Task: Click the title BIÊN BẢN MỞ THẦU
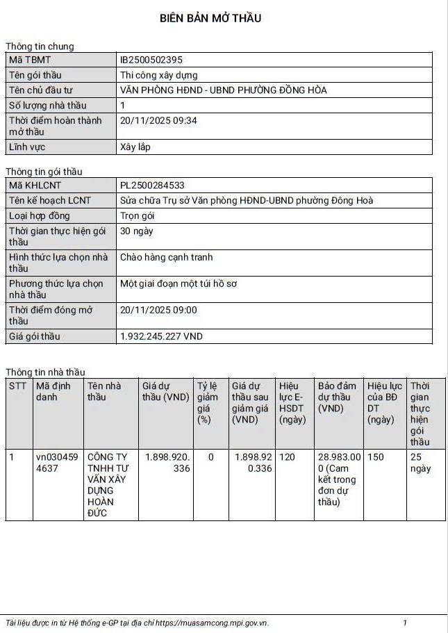coord(210,18)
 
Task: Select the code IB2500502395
coord(151,60)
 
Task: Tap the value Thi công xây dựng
coord(159,75)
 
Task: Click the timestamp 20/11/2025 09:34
coord(159,120)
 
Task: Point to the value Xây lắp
coord(135,147)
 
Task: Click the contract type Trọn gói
coord(138,215)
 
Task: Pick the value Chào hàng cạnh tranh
coord(167,257)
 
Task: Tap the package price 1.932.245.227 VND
coord(161,336)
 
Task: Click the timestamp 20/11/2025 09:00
coord(159,310)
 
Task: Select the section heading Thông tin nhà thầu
coord(46,372)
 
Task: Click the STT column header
coord(17,386)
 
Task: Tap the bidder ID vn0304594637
coord(57,463)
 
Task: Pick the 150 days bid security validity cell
coord(376,457)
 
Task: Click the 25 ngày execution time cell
coord(420,463)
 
